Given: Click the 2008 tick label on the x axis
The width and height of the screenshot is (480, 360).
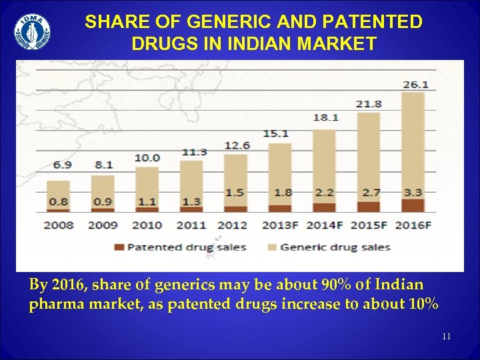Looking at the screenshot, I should coord(58,225).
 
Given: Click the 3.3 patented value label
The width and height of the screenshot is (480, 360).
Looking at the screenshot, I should coord(413,193).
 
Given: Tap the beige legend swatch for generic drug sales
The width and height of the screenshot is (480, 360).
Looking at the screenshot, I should coord(271,247).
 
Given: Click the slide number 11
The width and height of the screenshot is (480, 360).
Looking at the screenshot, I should coord(446,337).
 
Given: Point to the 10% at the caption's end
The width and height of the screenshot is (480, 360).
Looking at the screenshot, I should coord(423,305).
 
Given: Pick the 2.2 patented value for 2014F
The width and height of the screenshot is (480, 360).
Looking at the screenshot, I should coord(325,193).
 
